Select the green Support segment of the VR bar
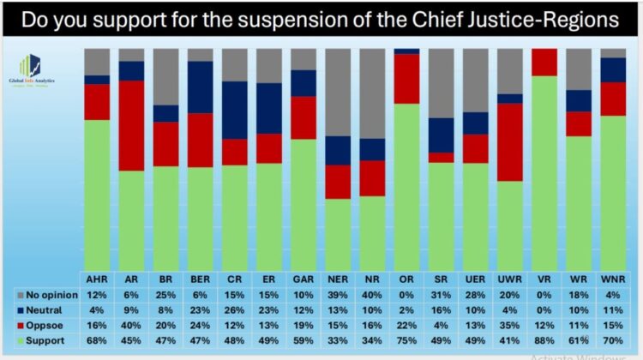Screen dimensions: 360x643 tap(544, 171)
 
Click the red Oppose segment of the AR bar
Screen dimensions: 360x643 tap(131, 125)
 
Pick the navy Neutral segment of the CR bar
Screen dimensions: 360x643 tap(234, 110)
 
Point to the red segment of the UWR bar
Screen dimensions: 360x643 tap(509, 142)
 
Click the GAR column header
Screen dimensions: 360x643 tap(303, 279)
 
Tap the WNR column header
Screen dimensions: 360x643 tap(612, 279)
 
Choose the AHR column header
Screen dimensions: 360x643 tap(97, 279)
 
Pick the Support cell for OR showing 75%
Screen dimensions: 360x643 tap(406, 341)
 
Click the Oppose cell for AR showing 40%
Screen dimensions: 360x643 tap(131, 326)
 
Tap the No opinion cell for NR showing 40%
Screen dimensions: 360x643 tap(372, 295)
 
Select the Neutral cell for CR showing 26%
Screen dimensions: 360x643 tap(234, 310)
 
